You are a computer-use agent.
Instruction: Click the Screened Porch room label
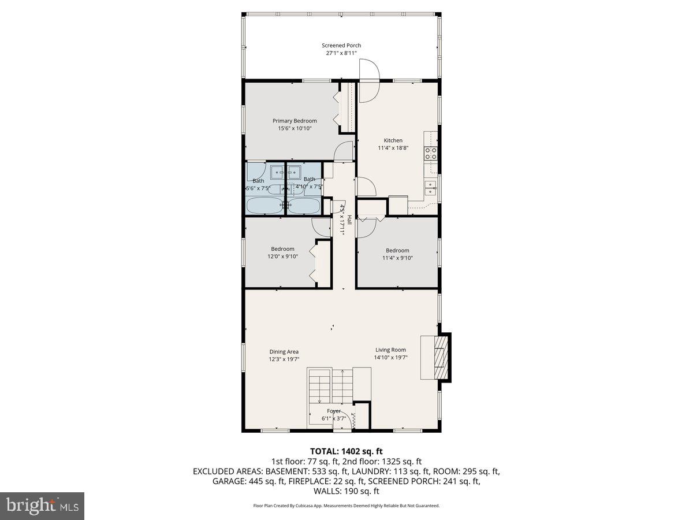[x=341, y=45]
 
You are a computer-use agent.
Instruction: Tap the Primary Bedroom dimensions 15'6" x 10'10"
[x=295, y=129]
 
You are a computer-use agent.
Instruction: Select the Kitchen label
[x=393, y=140]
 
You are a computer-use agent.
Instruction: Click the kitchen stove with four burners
[x=430, y=153]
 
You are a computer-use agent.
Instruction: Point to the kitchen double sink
[x=430, y=185]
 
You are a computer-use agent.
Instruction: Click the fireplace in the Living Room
[x=441, y=357]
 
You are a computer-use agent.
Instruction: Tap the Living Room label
[x=390, y=350]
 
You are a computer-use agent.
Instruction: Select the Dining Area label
[x=284, y=351]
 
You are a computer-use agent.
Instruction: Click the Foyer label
[x=333, y=411]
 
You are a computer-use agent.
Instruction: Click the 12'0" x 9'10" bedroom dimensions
[x=283, y=257]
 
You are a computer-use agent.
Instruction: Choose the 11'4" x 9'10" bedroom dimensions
[x=397, y=258]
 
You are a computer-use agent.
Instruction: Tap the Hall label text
[x=349, y=220]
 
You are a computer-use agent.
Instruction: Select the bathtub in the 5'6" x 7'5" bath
[x=264, y=205]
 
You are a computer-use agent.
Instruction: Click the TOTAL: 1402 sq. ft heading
[x=346, y=451]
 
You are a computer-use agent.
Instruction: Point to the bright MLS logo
[x=42, y=506]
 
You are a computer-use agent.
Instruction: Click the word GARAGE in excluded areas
[x=228, y=481]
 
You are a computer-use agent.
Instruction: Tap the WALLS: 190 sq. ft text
[x=346, y=491]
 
